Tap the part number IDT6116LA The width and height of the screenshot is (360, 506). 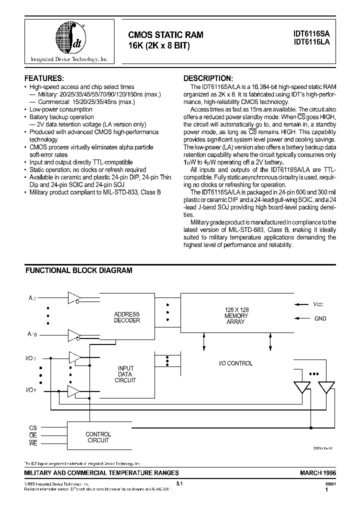(x=311, y=43)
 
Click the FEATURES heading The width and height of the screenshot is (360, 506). (x=44, y=78)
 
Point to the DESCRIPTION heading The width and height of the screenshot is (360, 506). (x=208, y=78)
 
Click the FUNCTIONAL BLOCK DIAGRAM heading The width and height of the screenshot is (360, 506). (x=79, y=270)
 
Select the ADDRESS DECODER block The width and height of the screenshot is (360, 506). (x=127, y=317)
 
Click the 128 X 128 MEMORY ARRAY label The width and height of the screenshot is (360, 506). (x=235, y=316)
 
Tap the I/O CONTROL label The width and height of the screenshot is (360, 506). (x=235, y=363)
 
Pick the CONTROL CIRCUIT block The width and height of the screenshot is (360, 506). (x=98, y=437)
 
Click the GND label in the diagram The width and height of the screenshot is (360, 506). (x=320, y=318)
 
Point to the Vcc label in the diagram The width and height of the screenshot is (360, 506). (x=318, y=304)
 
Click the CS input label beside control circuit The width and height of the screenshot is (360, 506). (x=32, y=428)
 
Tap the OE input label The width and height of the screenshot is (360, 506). (x=32, y=435)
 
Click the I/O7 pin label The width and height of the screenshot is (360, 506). (x=31, y=389)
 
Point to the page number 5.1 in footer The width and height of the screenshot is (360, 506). (x=180, y=483)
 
